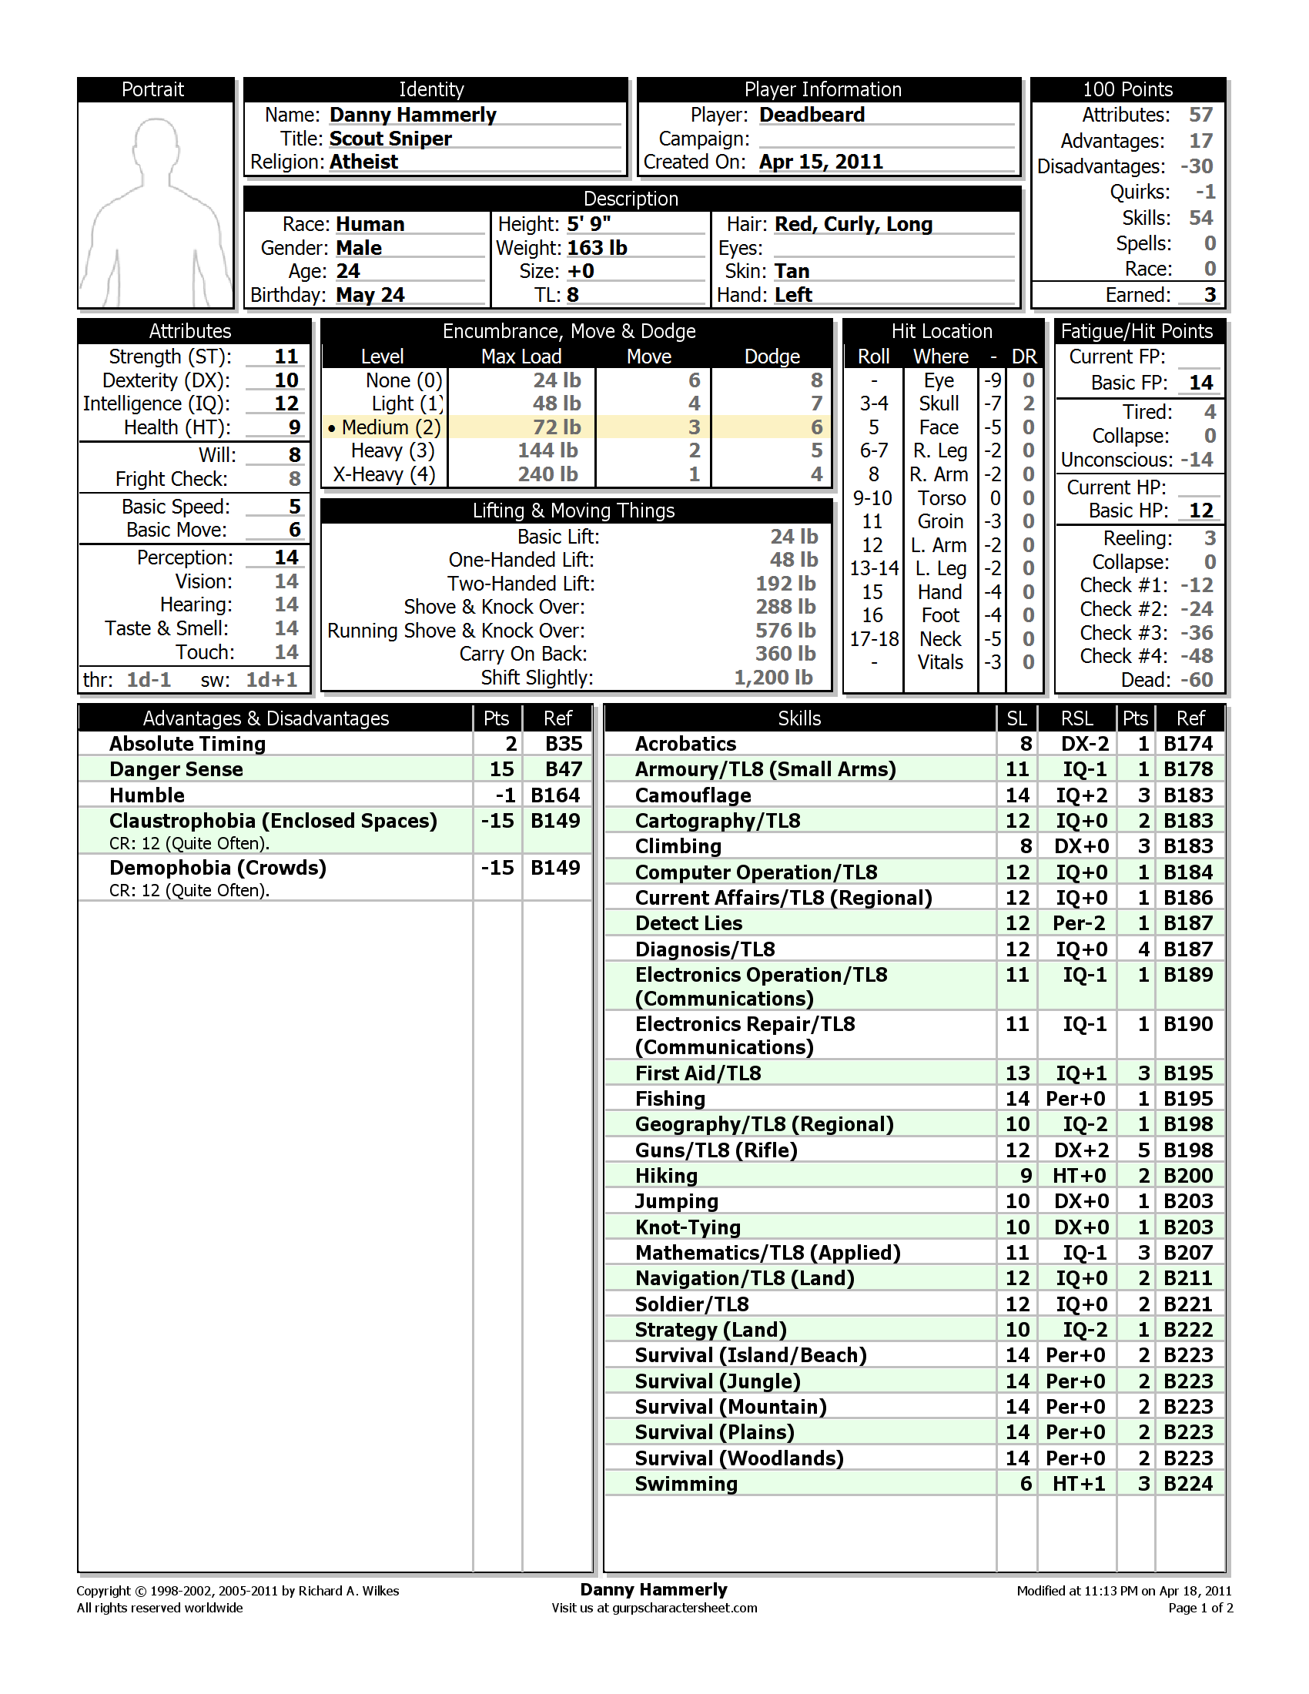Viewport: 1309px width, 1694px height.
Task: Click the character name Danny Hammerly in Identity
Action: pyautogui.click(x=413, y=115)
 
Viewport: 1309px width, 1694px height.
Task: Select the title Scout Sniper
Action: pyautogui.click(x=390, y=139)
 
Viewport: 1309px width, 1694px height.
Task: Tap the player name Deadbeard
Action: pyautogui.click(x=811, y=115)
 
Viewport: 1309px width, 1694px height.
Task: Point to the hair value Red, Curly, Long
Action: pyautogui.click(x=853, y=224)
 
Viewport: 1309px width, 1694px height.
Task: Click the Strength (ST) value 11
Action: pyautogui.click(x=286, y=357)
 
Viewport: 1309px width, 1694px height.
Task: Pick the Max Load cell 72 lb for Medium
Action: pyautogui.click(x=556, y=427)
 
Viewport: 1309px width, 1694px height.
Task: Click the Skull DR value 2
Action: pyautogui.click(x=1028, y=404)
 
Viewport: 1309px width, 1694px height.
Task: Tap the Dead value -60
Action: pyautogui.click(x=1197, y=680)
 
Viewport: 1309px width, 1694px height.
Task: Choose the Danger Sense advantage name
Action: pyautogui.click(x=176, y=769)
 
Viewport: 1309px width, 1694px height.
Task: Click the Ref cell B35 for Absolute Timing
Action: pyautogui.click(x=563, y=744)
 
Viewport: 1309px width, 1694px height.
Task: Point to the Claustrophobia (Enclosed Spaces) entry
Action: pyautogui.click(x=273, y=821)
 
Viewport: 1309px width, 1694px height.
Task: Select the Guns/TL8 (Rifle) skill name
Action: pyautogui.click(x=716, y=1150)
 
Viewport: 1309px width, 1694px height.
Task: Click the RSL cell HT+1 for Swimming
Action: pyautogui.click(x=1078, y=1484)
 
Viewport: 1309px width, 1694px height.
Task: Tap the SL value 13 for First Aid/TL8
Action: pyautogui.click(x=1017, y=1073)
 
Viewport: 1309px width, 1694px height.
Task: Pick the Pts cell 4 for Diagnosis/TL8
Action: pyautogui.click(x=1143, y=949)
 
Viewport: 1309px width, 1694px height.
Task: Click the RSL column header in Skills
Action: pyautogui.click(x=1076, y=719)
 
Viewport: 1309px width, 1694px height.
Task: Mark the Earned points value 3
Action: pyautogui.click(x=1210, y=295)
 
